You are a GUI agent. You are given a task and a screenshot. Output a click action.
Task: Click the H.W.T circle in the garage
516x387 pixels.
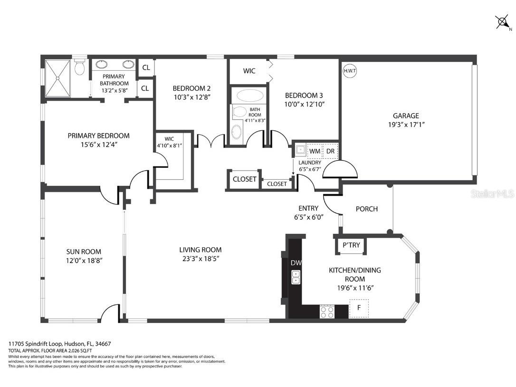pos(350,70)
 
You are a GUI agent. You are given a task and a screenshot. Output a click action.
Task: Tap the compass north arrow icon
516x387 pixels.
pos(502,22)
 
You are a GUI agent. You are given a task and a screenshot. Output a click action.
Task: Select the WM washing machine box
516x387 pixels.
pos(315,151)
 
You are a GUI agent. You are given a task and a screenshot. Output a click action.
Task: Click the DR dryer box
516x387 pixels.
pos(330,151)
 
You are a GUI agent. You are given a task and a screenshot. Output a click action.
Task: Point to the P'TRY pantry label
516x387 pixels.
pos(352,245)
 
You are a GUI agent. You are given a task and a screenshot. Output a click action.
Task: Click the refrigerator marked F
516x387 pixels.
pos(359,308)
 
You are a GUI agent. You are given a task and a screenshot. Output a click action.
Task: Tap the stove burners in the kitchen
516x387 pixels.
pos(327,311)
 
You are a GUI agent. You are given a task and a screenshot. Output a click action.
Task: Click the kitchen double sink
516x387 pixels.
pos(296,277)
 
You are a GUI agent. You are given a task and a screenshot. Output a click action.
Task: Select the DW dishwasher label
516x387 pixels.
pos(296,263)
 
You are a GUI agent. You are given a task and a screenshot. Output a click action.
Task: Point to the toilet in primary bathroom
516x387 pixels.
pos(80,68)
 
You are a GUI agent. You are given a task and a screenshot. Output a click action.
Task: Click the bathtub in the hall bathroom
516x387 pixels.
pos(250,95)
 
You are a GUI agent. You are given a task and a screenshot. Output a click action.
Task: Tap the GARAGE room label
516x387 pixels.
pos(405,116)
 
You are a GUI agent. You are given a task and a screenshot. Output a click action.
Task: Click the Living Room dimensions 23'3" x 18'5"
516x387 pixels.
pos(200,259)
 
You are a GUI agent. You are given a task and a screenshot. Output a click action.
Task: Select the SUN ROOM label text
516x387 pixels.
pos(83,252)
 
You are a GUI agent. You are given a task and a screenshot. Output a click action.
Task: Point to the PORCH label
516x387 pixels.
pos(367,209)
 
